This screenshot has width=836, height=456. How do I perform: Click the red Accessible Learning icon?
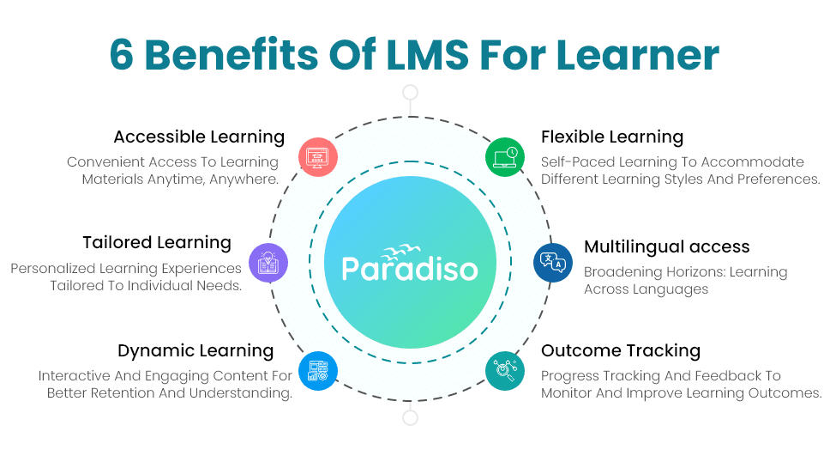click(x=317, y=157)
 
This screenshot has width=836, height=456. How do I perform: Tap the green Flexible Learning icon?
click(x=505, y=157)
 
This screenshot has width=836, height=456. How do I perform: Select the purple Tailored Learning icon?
click(x=267, y=262)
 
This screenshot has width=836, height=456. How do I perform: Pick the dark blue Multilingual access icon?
click(x=552, y=262)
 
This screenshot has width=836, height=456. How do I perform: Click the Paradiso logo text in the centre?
click(x=410, y=268)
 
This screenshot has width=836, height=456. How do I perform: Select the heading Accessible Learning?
click(x=199, y=137)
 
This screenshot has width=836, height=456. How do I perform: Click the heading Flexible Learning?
click(x=611, y=137)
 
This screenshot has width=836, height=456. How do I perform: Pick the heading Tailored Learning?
click(x=157, y=243)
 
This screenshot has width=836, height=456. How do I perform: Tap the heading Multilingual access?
click(x=666, y=247)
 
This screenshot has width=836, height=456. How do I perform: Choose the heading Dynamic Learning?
click(x=195, y=350)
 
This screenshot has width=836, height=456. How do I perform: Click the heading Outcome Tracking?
click(x=620, y=350)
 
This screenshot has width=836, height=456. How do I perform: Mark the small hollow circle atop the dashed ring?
click(x=411, y=93)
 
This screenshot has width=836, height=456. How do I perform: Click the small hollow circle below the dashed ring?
click(x=411, y=418)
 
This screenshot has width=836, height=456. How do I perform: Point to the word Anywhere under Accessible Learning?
click(x=243, y=179)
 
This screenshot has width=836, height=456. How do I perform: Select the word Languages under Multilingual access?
click(x=671, y=289)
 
